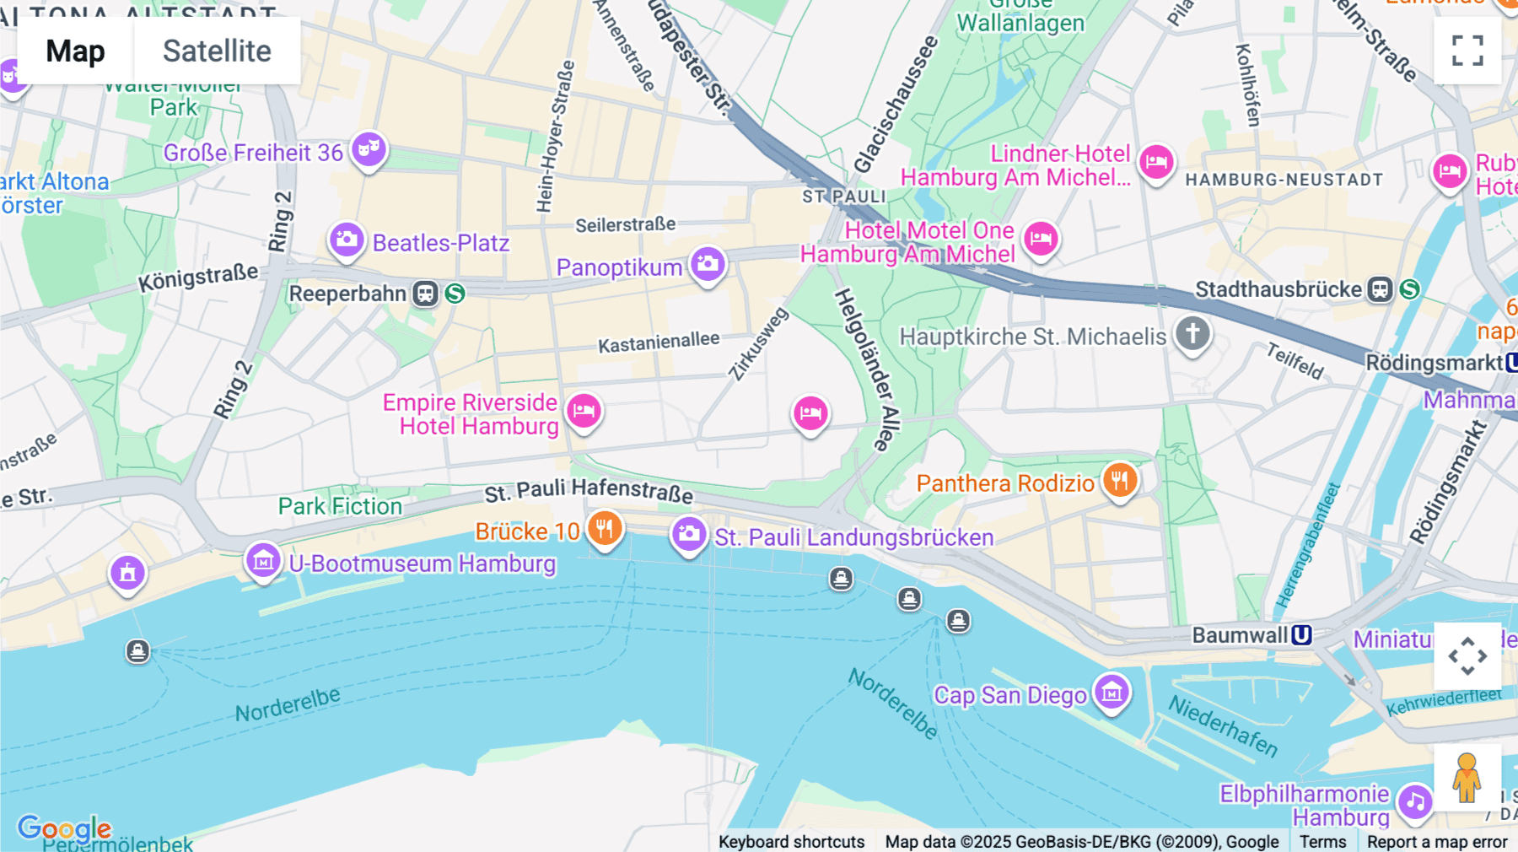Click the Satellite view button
(217, 51)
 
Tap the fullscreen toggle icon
(1467, 51)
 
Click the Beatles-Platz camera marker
(347, 240)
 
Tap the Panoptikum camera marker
(708, 264)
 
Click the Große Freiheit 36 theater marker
(369, 149)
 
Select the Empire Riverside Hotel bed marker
(584, 412)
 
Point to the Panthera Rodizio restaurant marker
(1120, 481)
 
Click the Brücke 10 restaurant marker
(605, 529)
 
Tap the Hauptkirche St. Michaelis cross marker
(1192, 333)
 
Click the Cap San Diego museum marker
(1112, 693)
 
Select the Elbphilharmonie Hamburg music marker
(1414, 801)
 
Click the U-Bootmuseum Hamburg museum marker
(263, 560)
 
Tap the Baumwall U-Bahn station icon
(1302, 635)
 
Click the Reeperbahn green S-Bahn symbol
(455, 294)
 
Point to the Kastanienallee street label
(659, 342)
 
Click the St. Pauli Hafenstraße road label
(589, 490)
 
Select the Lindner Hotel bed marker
(1156, 161)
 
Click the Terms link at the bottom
(1322, 841)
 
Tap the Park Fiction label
(340, 506)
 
